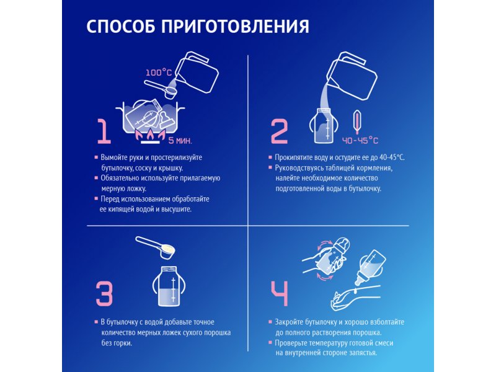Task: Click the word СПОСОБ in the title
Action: click(x=120, y=26)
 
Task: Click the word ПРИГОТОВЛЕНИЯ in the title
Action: click(x=235, y=26)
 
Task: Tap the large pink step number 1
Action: click(x=104, y=131)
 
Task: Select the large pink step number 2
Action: click(x=280, y=131)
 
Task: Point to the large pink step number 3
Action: click(x=104, y=294)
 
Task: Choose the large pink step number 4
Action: click(x=280, y=294)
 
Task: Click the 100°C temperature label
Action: click(x=159, y=73)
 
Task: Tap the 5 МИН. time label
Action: click(x=180, y=141)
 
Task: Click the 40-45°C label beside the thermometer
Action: click(x=360, y=140)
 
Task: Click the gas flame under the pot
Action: click(x=150, y=135)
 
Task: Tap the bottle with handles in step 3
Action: click(x=169, y=286)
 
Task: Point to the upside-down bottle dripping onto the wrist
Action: click(x=371, y=267)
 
